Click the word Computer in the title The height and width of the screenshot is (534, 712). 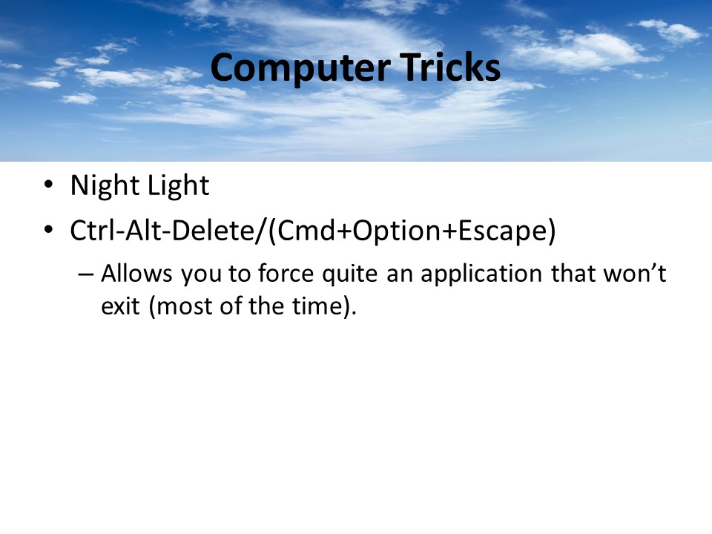pos(300,68)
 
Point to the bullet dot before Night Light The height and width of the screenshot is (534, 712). pos(49,185)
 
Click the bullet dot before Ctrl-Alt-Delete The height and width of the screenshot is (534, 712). pos(49,229)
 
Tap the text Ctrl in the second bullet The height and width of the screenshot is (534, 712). pos(93,230)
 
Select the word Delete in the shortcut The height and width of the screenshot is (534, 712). pos(214,230)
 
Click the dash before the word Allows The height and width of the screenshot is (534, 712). pos(85,274)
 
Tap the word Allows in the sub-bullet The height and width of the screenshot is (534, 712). pos(136,274)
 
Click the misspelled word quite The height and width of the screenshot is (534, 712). pos(349,274)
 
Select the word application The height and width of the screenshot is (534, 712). pos(481,274)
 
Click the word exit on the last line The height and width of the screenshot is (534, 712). pos(120,306)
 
